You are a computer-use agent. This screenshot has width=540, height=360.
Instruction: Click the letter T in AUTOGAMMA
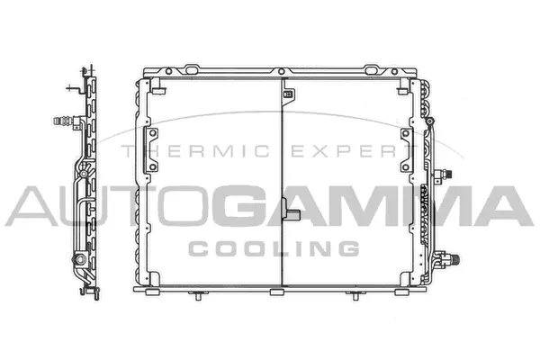[x=118, y=207]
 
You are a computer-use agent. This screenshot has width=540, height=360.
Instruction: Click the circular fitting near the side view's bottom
[x=80, y=260]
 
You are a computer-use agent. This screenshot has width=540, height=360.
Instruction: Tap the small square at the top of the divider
[x=290, y=90]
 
